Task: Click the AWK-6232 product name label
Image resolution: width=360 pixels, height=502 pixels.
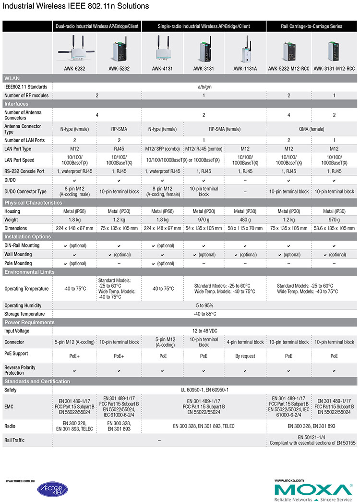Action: [x=74, y=69]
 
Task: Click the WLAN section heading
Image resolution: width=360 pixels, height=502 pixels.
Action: [x=12, y=78]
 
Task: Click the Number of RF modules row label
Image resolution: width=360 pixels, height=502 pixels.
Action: [x=24, y=95]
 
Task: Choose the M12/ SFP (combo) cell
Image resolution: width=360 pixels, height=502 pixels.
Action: [x=162, y=149]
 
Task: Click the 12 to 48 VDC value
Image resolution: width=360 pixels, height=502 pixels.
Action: [x=205, y=331]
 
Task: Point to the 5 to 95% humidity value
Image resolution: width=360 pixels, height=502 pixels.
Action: [x=205, y=306]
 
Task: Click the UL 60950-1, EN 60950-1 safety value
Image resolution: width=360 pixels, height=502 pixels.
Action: [x=205, y=390]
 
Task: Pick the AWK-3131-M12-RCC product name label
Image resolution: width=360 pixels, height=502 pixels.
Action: [x=334, y=69]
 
